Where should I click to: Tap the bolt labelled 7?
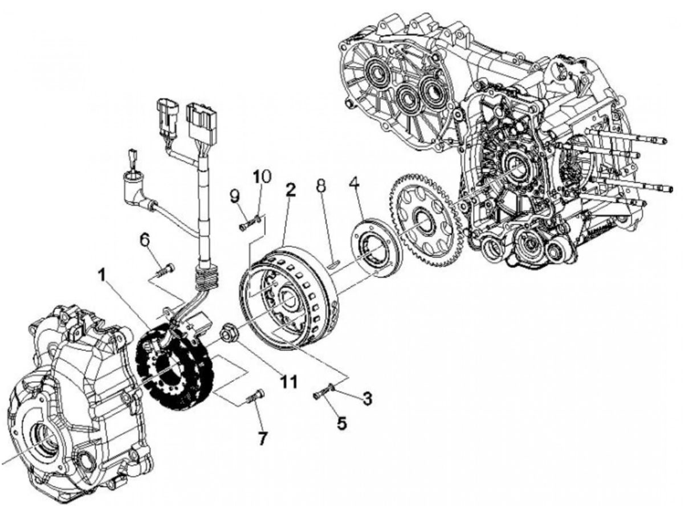coord(256,395)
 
